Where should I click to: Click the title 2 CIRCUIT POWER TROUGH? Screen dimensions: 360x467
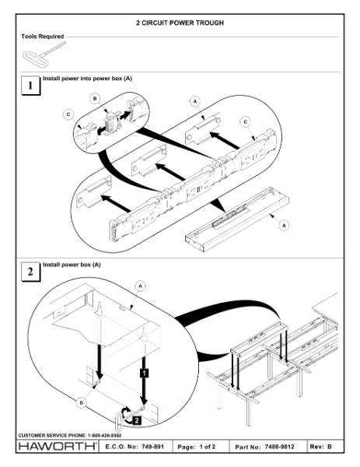180,23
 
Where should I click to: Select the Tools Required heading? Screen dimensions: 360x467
43,37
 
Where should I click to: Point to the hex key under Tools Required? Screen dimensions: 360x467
44,54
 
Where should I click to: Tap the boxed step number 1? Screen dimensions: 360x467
30,86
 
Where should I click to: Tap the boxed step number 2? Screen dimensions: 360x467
30,272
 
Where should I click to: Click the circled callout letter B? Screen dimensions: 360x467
95,99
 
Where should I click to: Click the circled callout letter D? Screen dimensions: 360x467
81,403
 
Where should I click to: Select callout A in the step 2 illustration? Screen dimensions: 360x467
141,286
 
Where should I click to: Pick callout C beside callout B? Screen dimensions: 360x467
68,114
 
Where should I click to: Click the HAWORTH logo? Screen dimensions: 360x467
58,446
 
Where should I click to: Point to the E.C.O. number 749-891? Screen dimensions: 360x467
152,447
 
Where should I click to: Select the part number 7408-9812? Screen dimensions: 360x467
279,447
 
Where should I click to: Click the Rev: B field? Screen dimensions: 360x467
320,447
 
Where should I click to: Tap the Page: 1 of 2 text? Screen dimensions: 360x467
197,447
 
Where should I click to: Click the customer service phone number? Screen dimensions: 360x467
104,435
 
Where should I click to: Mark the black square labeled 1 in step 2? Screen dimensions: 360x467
144,373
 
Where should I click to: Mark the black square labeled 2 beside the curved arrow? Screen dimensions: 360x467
136,420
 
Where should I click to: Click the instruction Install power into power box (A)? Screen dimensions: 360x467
87,79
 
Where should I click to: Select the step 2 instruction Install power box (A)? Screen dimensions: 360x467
72,265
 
